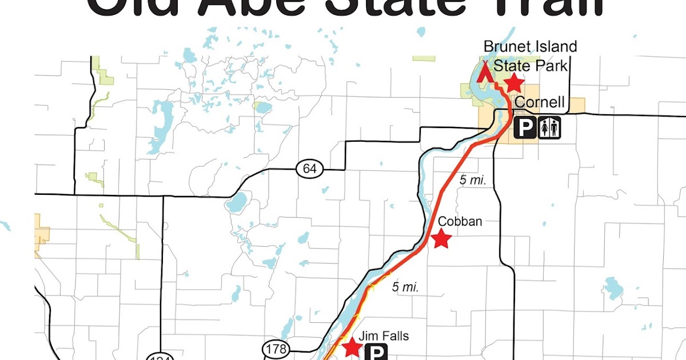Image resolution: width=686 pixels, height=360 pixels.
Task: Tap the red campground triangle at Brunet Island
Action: [x=486, y=71]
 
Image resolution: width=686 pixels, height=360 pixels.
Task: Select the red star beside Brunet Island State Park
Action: [x=514, y=83]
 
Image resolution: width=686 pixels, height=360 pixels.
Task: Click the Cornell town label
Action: [x=540, y=103]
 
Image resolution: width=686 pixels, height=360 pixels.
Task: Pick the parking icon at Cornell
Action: [x=525, y=129]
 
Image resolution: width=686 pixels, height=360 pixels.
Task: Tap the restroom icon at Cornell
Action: [x=549, y=129]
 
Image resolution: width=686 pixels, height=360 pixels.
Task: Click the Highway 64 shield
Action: [x=310, y=169]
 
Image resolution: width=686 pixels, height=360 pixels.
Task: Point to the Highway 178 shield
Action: [x=276, y=348]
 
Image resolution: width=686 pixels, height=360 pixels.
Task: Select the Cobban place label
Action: [x=460, y=221]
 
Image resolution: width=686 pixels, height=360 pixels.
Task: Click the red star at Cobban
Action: [x=441, y=239]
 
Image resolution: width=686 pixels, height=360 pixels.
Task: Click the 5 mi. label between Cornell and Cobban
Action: [x=473, y=180]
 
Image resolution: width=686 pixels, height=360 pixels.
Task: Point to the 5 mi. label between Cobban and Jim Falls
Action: [x=405, y=287]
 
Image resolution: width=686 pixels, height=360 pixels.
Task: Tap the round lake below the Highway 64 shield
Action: [x=237, y=201]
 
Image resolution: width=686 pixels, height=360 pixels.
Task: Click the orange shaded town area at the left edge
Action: [x=42, y=235]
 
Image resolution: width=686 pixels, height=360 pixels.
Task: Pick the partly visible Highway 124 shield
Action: [x=157, y=357]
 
